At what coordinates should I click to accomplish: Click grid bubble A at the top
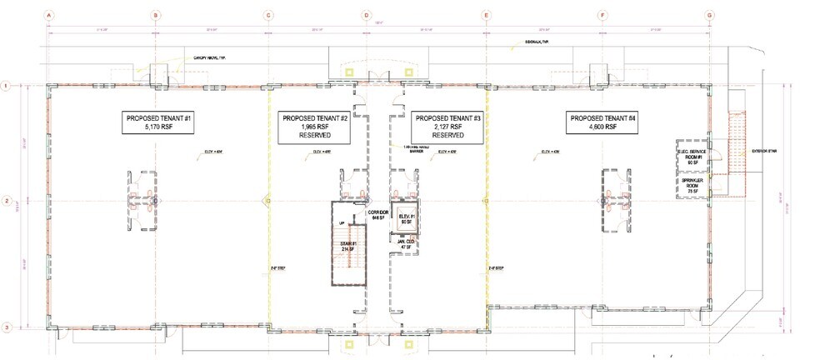(49, 14)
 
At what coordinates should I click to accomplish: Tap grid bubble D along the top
(366, 14)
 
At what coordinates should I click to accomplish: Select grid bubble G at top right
(710, 14)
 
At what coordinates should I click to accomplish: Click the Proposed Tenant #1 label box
(159, 123)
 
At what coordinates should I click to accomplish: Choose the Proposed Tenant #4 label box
(602, 123)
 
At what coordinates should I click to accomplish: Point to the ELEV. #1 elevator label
(407, 219)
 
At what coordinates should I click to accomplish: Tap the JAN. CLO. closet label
(407, 245)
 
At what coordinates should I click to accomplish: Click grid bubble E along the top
(487, 14)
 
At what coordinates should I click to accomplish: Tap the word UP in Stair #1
(342, 223)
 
